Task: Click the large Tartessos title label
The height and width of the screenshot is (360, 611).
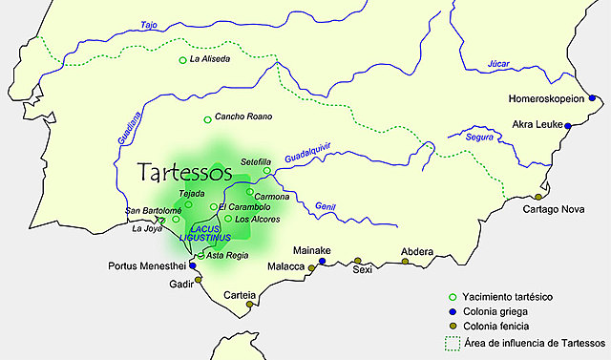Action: click(x=185, y=173)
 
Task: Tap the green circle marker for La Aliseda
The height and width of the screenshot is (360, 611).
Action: click(x=183, y=60)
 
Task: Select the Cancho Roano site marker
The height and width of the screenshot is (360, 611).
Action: click(x=207, y=119)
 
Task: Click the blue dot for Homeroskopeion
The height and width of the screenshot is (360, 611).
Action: click(x=593, y=98)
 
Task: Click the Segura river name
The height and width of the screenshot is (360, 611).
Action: click(x=479, y=138)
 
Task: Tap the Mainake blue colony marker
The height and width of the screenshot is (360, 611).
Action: click(x=322, y=261)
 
